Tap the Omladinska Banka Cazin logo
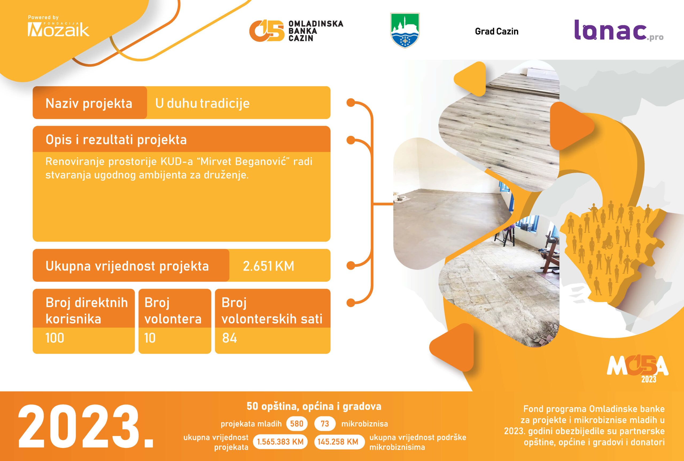click(x=296, y=30)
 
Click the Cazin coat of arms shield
click(x=405, y=30)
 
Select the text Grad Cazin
click(x=496, y=31)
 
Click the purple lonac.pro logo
click(x=619, y=30)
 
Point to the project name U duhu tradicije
click(x=203, y=103)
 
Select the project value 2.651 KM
click(x=268, y=266)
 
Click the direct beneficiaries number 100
click(x=55, y=338)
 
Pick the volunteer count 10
click(x=150, y=338)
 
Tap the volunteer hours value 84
click(x=230, y=338)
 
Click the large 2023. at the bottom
click(x=86, y=426)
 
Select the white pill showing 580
click(x=297, y=424)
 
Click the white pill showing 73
click(x=325, y=424)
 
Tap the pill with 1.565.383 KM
click(x=280, y=441)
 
